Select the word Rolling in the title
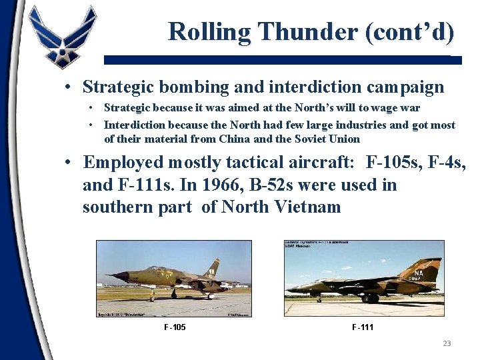[x=209, y=31]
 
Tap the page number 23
[x=447, y=343]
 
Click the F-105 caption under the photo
[x=175, y=327]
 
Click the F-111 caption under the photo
[x=363, y=327]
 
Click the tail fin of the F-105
[x=212, y=268]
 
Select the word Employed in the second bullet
[x=123, y=162]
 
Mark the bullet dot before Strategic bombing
[x=69, y=87]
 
